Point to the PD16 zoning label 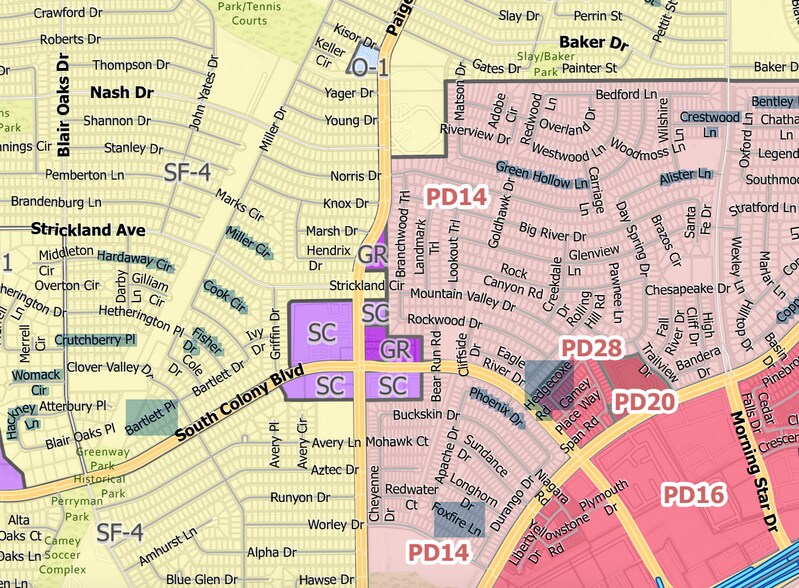[x=695, y=495]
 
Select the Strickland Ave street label [x=88, y=229]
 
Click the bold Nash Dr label [x=120, y=92]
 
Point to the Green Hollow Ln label [x=541, y=175]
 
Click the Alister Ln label [x=685, y=176]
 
